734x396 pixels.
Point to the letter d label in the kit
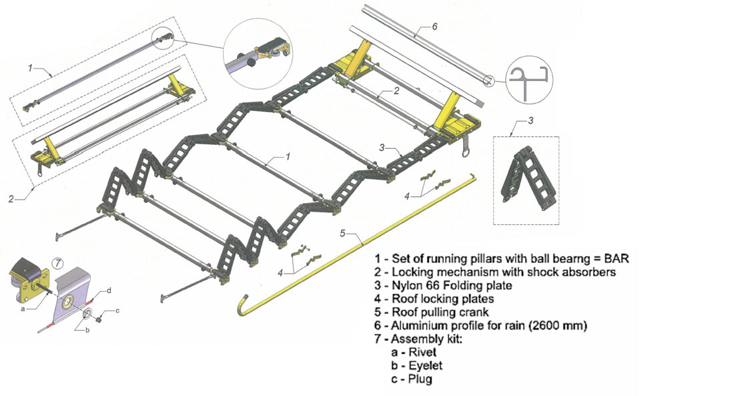pyautogui.click(x=109, y=290)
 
